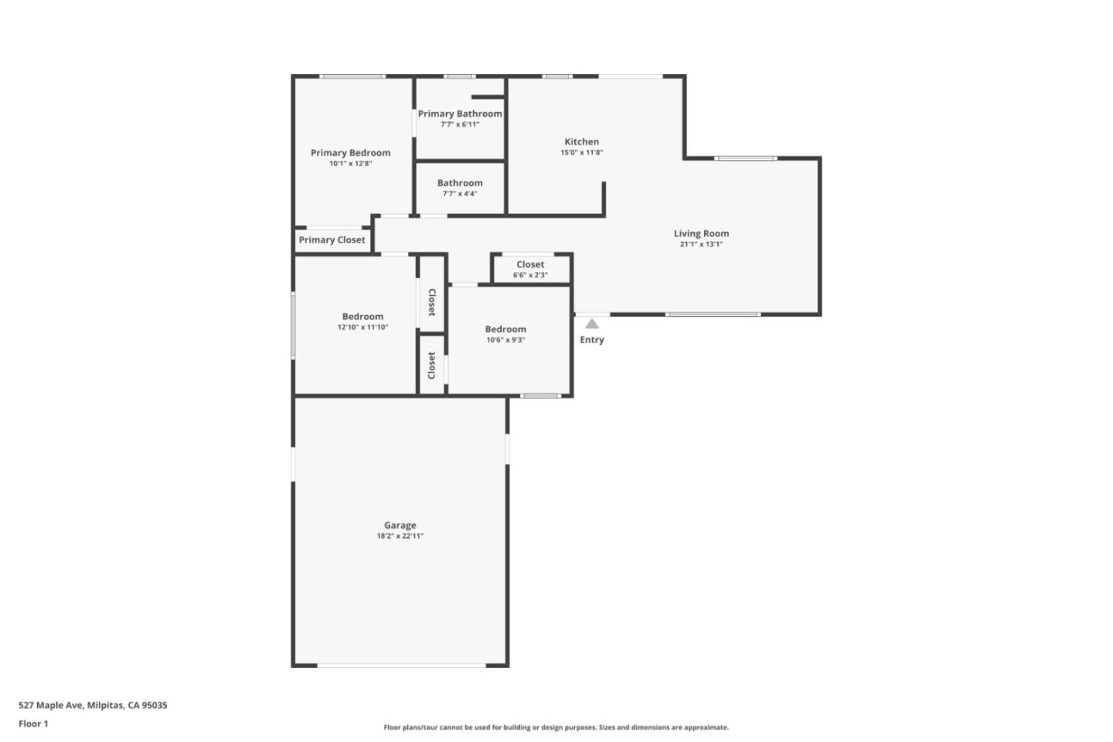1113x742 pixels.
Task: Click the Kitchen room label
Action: (x=581, y=141)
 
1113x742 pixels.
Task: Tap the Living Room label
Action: (x=701, y=233)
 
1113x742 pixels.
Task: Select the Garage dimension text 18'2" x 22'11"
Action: (x=400, y=536)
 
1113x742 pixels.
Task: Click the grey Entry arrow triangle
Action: (x=591, y=324)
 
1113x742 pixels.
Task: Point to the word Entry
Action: (x=592, y=340)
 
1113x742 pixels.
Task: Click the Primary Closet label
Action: (x=332, y=240)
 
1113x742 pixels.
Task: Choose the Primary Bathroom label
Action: (x=460, y=114)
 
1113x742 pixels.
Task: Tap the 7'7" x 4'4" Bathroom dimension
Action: (x=460, y=194)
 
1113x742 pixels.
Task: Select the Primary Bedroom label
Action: (x=350, y=153)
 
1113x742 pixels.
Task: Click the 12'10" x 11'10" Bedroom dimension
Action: (x=362, y=327)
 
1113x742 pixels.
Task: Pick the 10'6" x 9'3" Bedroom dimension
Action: (x=505, y=340)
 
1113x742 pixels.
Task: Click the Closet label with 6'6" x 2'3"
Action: (x=530, y=264)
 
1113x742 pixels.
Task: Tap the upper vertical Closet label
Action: (x=432, y=302)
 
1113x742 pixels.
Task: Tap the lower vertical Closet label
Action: (x=432, y=366)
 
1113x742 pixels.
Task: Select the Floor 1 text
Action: (x=33, y=724)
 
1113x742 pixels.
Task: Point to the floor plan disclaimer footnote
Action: (x=556, y=727)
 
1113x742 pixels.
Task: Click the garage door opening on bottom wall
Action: (x=401, y=665)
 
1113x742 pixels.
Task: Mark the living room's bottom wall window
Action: (x=713, y=315)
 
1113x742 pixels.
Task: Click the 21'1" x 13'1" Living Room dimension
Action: (x=701, y=244)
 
